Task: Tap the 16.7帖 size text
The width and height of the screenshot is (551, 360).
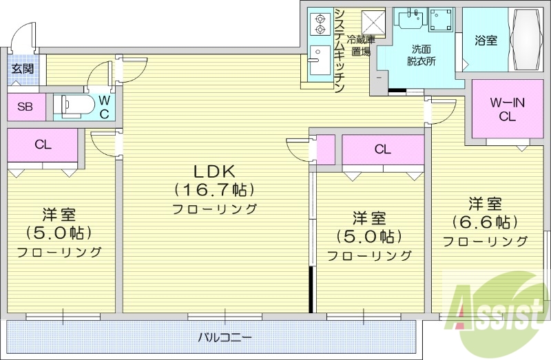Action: [214, 189]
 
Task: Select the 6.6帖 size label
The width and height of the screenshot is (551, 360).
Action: [485, 222]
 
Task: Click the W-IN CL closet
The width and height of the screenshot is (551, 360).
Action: [508, 110]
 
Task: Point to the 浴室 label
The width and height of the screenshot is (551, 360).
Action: [486, 41]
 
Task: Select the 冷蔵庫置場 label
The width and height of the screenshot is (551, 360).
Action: [360, 45]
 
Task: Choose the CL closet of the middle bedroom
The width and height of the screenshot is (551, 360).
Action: [383, 149]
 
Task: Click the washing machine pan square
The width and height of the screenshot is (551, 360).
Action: [441, 21]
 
